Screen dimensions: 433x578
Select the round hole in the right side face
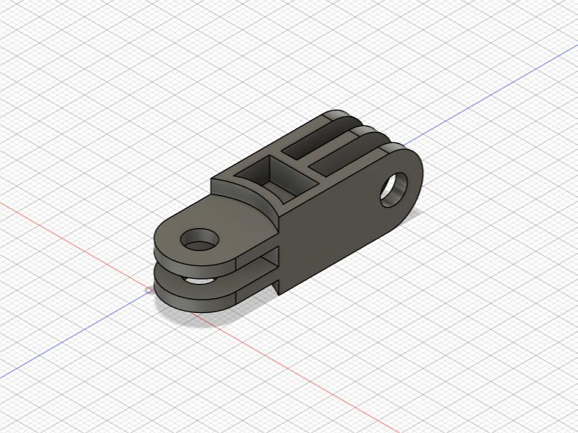394,189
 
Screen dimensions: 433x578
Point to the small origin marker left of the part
150,289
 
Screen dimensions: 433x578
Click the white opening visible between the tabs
198,281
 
